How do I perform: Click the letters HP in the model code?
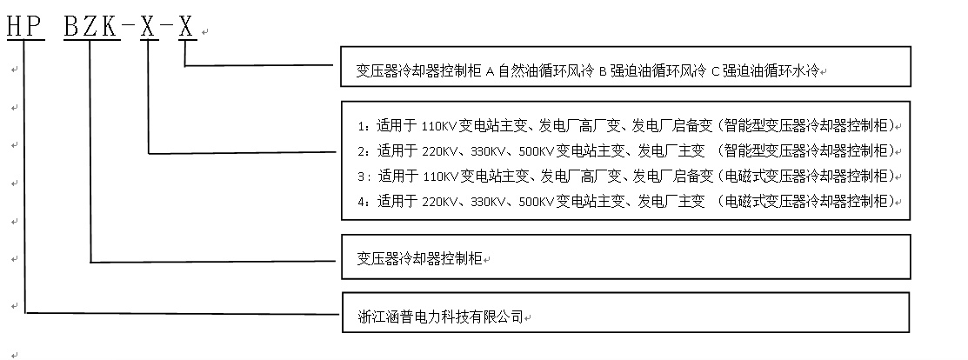(24, 29)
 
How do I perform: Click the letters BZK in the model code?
(90, 29)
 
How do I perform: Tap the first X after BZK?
(149, 29)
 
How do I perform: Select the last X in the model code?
(186, 29)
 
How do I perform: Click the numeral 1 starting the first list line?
(362, 124)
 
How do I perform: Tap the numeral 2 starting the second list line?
(362, 150)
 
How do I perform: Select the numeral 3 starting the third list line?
(362, 176)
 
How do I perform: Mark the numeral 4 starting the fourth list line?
(362, 202)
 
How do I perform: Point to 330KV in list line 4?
(488, 202)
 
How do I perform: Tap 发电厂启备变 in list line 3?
(673, 176)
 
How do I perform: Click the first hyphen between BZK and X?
(129, 29)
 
